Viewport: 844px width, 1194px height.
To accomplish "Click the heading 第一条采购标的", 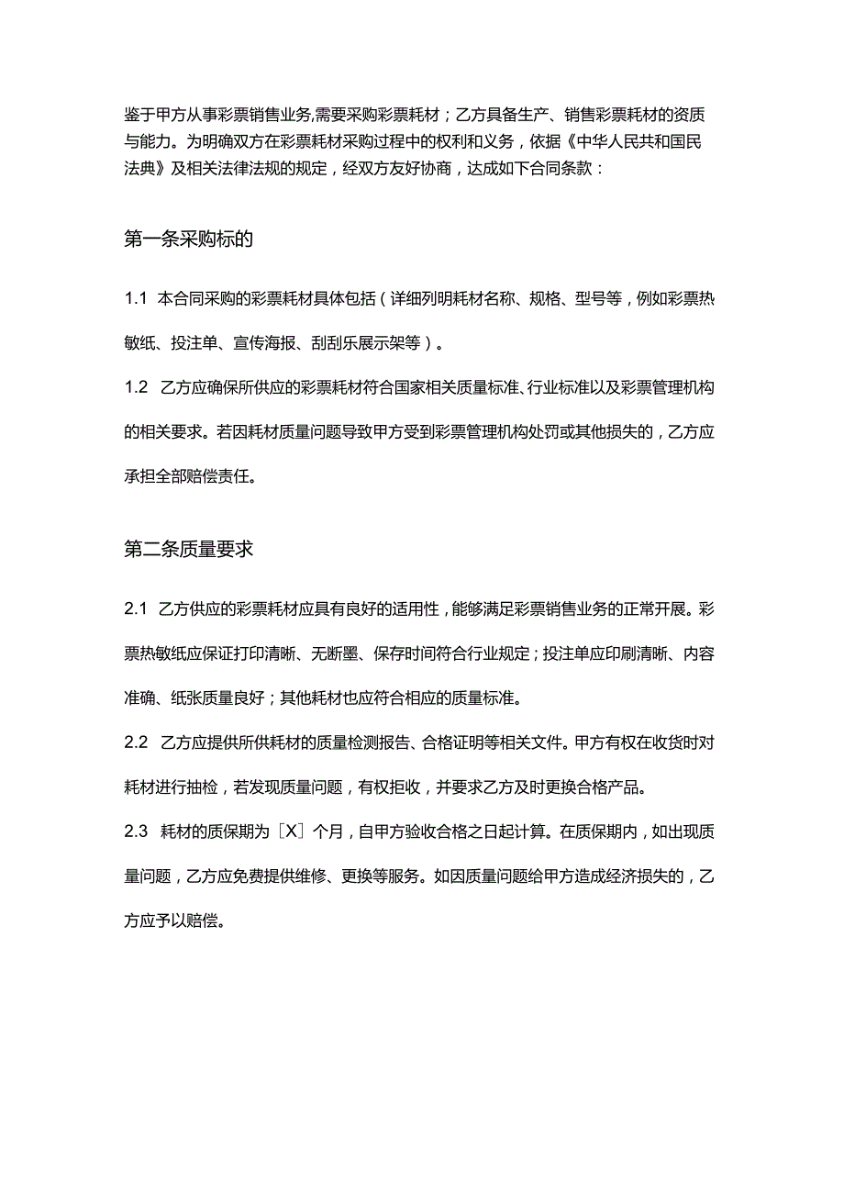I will (x=188, y=240).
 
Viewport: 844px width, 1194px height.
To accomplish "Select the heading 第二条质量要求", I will (x=188, y=550).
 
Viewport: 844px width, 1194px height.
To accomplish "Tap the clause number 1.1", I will (x=136, y=299).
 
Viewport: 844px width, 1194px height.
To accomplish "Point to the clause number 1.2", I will (x=136, y=388).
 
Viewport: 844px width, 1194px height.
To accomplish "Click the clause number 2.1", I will (x=136, y=609).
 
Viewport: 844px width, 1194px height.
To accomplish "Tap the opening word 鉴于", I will (x=139, y=115).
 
